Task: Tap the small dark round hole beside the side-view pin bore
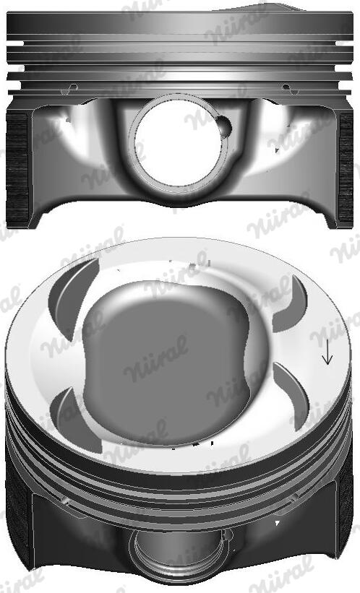[x=226, y=127]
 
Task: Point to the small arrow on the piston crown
[x=327, y=352]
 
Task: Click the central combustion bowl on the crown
[x=173, y=354]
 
